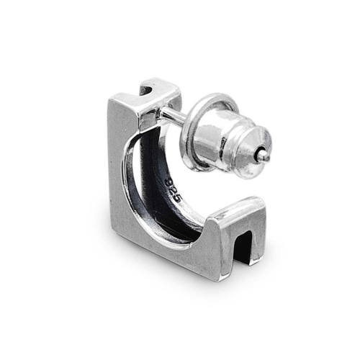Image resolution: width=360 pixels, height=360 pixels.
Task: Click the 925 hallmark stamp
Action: click(174, 191)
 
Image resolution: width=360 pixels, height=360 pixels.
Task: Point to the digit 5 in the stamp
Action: click(179, 199)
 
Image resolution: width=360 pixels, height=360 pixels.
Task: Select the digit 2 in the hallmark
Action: click(174, 191)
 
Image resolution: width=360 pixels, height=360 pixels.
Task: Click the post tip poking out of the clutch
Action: click(264, 154)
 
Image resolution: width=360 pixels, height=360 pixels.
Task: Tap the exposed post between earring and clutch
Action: click(174, 114)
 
